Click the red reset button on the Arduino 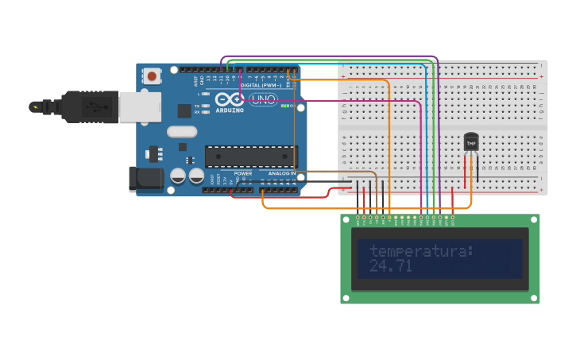point(151,76)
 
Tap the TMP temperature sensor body point(471,142)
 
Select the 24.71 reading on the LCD point(390,266)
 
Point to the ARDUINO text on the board point(230,110)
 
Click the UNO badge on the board point(263,99)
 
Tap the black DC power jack point(146,179)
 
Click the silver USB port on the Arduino point(140,106)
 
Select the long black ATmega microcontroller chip point(250,156)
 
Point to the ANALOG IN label point(281,173)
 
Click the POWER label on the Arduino point(242,173)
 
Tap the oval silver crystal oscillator point(181,132)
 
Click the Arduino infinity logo point(229,99)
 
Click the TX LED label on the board point(197,106)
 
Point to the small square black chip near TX point(184,110)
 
